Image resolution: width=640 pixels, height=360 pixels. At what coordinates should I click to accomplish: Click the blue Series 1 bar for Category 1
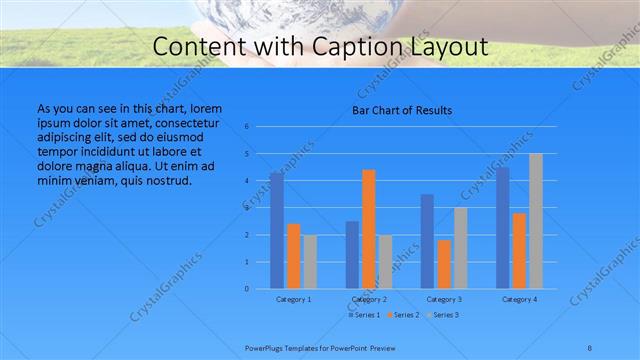pos(276,231)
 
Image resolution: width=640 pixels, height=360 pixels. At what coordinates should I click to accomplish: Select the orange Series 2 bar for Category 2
pos(369,229)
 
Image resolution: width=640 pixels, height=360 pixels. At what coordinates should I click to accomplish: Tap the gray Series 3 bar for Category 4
pos(536,221)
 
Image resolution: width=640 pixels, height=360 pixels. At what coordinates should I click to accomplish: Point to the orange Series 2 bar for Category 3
pos(444,264)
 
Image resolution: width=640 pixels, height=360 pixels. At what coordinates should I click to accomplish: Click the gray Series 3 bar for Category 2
pos(386,262)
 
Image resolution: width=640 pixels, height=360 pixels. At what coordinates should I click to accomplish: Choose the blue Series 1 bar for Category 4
pos(502,228)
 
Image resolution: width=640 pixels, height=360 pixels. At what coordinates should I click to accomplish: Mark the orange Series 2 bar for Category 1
pos(293,256)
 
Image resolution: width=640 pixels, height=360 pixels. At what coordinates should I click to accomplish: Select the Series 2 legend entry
pos(404,315)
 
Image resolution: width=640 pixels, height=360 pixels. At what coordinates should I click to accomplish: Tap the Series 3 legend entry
pos(444,315)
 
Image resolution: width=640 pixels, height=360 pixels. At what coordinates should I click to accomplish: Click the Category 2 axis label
pos(369,299)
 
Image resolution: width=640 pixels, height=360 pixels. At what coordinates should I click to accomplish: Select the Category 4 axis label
pos(519,299)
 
